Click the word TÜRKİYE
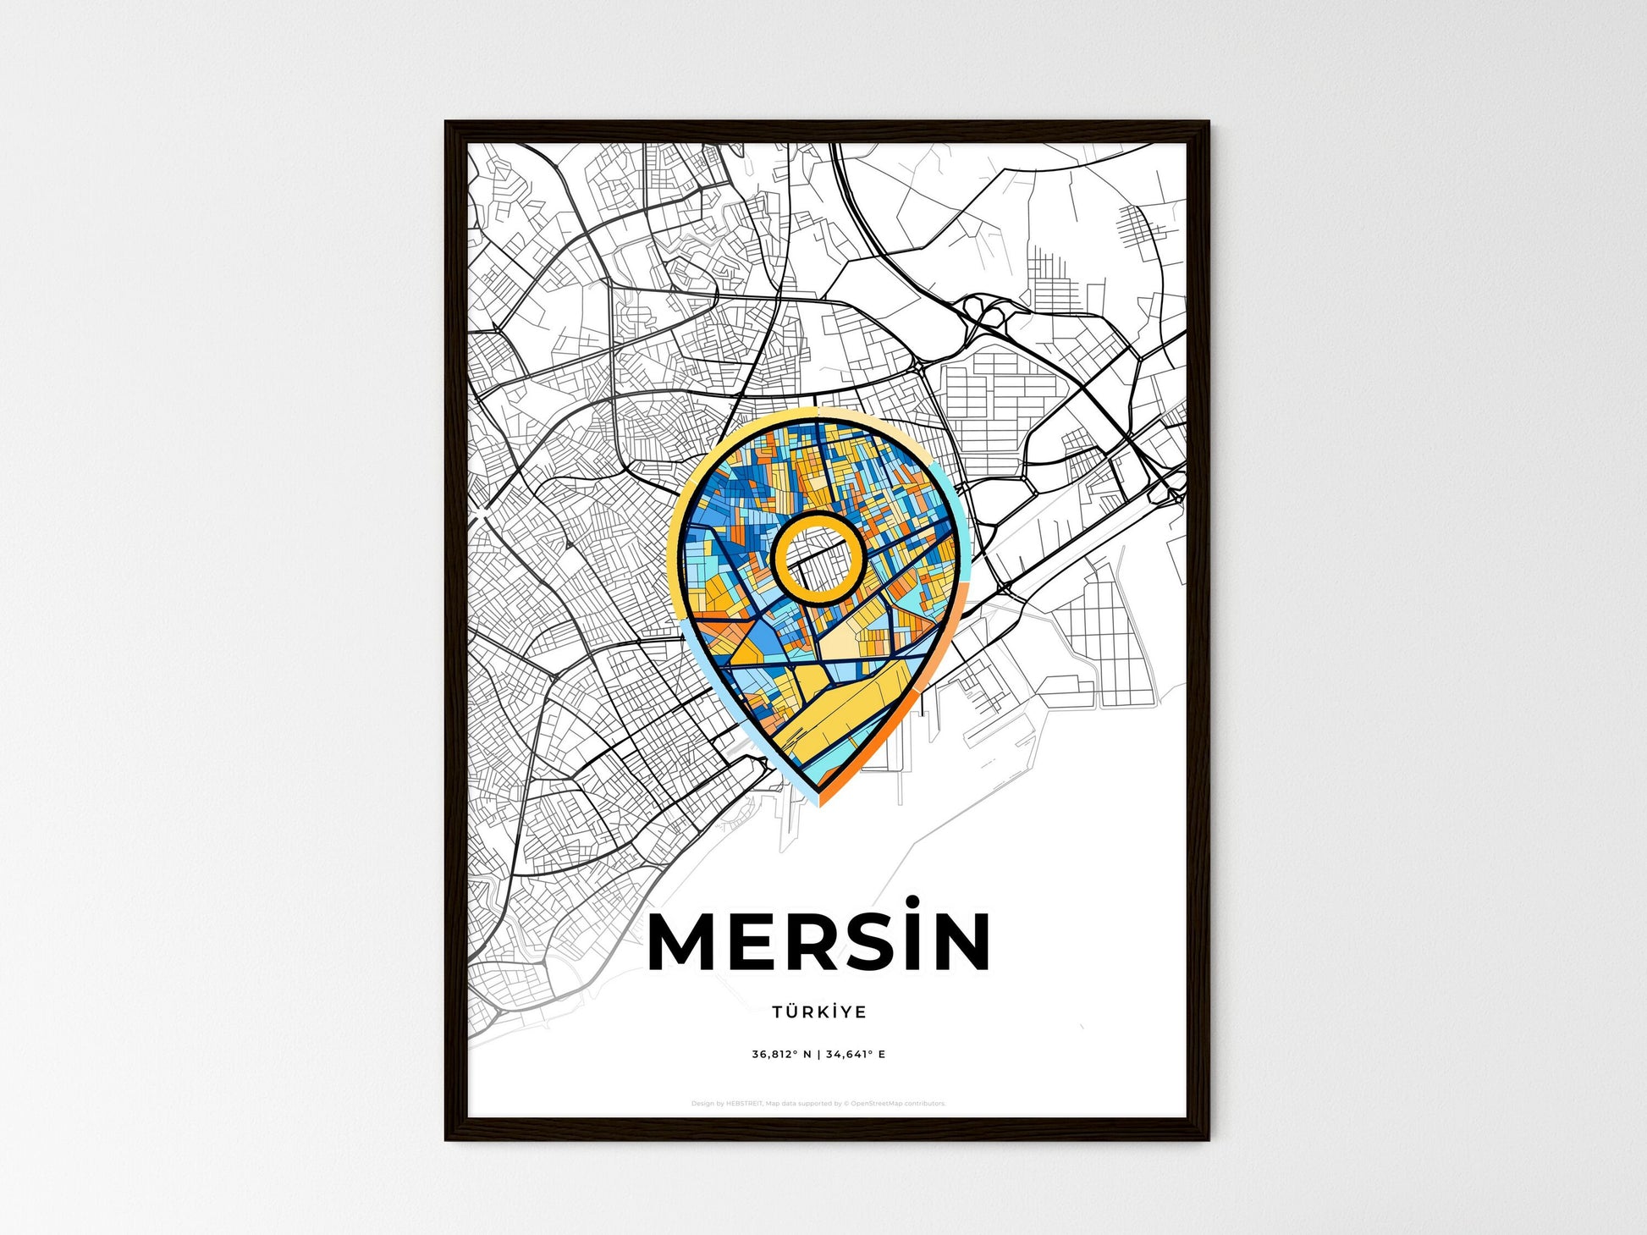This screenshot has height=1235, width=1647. [818, 1012]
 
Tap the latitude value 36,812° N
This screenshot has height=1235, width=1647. [781, 1055]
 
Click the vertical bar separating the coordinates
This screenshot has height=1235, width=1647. [818, 1055]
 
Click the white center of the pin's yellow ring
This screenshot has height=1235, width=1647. [818, 558]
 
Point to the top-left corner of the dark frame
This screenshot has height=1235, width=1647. [448, 124]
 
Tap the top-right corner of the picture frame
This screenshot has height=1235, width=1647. [1207, 124]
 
